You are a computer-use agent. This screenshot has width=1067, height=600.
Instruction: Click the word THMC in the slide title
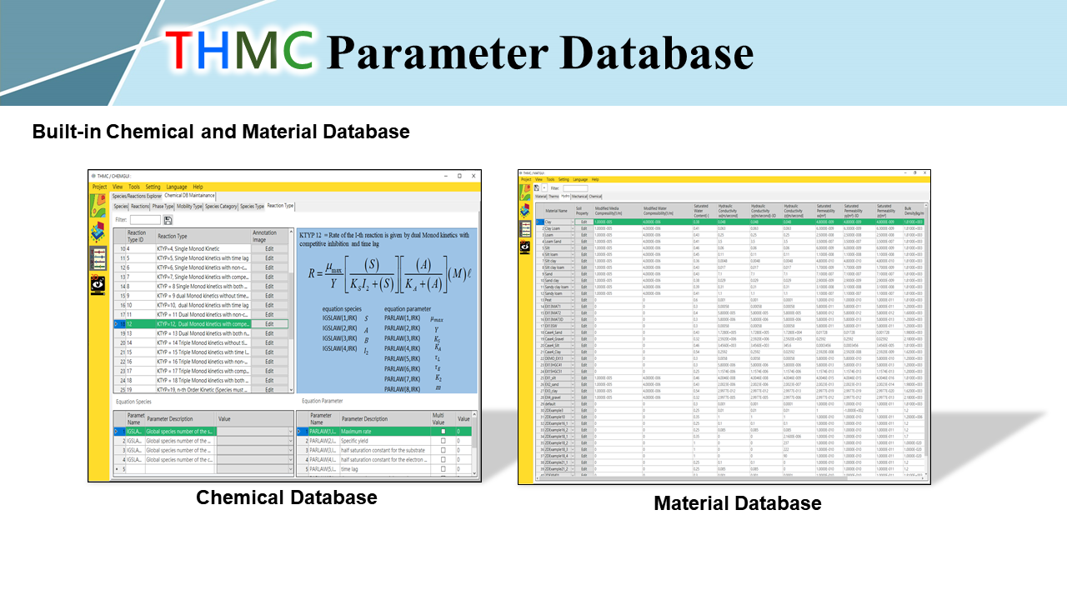point(239,51)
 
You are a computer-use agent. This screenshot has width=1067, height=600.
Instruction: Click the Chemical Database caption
point(286,497)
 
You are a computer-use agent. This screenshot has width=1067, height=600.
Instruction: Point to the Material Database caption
point(737,503)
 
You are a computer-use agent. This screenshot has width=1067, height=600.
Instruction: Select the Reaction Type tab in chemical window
point(280,206)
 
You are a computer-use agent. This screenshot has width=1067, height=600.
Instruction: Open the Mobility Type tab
point(189,206)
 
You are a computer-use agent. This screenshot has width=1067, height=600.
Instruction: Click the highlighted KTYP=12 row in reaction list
point(203,323)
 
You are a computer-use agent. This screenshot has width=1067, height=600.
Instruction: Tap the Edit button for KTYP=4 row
point(269,249)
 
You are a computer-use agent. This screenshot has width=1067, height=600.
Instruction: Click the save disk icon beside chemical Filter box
point(168,220)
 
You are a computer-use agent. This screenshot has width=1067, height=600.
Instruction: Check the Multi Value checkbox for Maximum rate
point(443,431)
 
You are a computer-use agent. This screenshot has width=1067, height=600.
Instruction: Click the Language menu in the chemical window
point(177,187)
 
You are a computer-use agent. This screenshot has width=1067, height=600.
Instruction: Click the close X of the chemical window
point(474,176)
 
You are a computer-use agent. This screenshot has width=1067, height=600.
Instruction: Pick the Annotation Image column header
point(264,237)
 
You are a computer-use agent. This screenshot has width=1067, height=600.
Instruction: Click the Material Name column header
point(556,211)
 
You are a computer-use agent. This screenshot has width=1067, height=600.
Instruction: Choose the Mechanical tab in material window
point(581,197)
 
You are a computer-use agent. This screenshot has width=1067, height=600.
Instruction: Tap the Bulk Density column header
point(914,212)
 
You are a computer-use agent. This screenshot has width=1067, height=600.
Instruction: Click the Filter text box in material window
point(575,188)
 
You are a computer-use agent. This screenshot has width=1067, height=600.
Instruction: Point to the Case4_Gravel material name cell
point(555,339)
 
